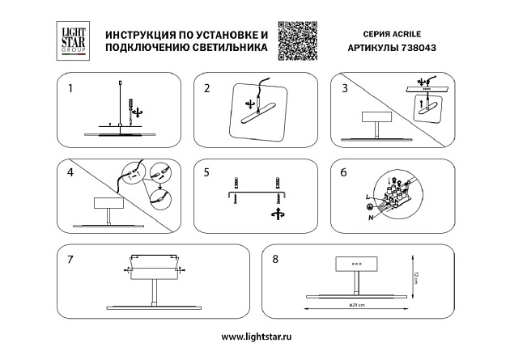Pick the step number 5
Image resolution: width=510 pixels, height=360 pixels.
[206, 172]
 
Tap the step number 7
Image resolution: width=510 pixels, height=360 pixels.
[71, 260]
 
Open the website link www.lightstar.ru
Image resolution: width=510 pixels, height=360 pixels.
[255, 336]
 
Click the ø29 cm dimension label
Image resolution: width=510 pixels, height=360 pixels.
[357, 305]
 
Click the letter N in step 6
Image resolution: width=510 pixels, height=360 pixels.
[371, 217]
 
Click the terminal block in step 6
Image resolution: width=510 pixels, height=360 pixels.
[400, 196]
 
